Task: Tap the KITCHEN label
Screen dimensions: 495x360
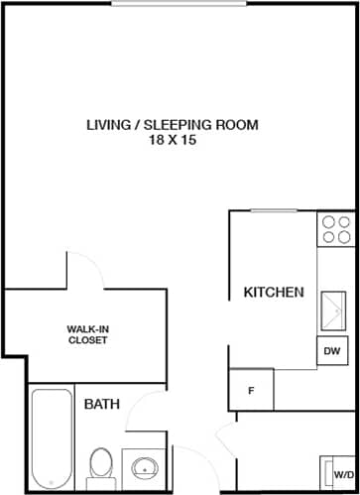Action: [x=274, y=293]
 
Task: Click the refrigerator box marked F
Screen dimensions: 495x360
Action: [x=251, y=390]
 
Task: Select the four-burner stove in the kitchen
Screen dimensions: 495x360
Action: [x=335, y=230]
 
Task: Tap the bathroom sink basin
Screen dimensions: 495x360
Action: [x=146, y=466]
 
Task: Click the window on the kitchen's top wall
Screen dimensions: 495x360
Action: [x=275, y=210]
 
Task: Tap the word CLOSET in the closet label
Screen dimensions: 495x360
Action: [x=87, y=340]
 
